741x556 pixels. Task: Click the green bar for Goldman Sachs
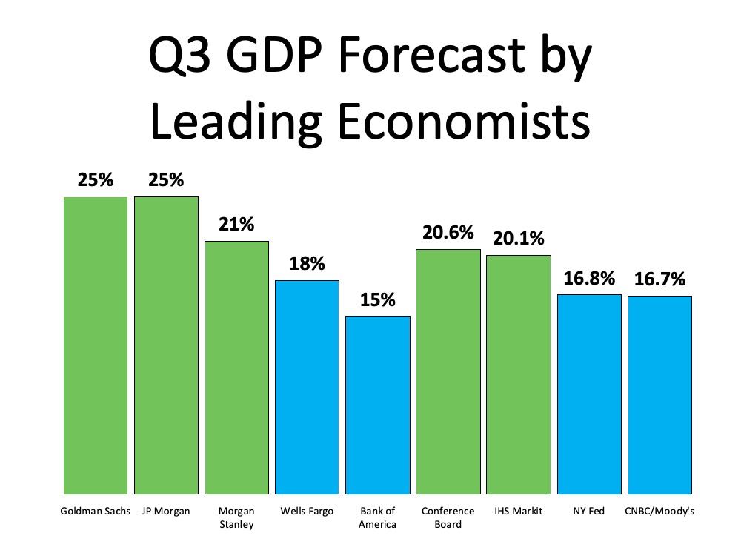[95, 345]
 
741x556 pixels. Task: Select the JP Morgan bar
[166, 345]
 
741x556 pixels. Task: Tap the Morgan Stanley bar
[236, 368]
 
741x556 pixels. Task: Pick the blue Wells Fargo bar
[307, 387]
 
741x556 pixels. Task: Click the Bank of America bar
[377, 405]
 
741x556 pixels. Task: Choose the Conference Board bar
[448, 371]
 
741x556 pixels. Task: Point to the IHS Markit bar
[519, 374]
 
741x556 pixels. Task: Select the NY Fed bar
[589, 394]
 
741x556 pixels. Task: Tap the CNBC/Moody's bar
[659, 395]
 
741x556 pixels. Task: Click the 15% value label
[378, 300]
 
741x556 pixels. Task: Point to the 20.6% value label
[448, 233]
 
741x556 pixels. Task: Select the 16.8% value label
[589, 279]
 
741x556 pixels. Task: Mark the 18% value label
[307, 264]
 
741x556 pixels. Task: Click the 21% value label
[236, 225]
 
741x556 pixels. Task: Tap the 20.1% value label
[519, 239]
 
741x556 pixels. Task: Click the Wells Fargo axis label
[307, 512]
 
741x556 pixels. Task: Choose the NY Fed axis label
[589, 512]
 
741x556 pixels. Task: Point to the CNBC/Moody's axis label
[659, 512]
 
